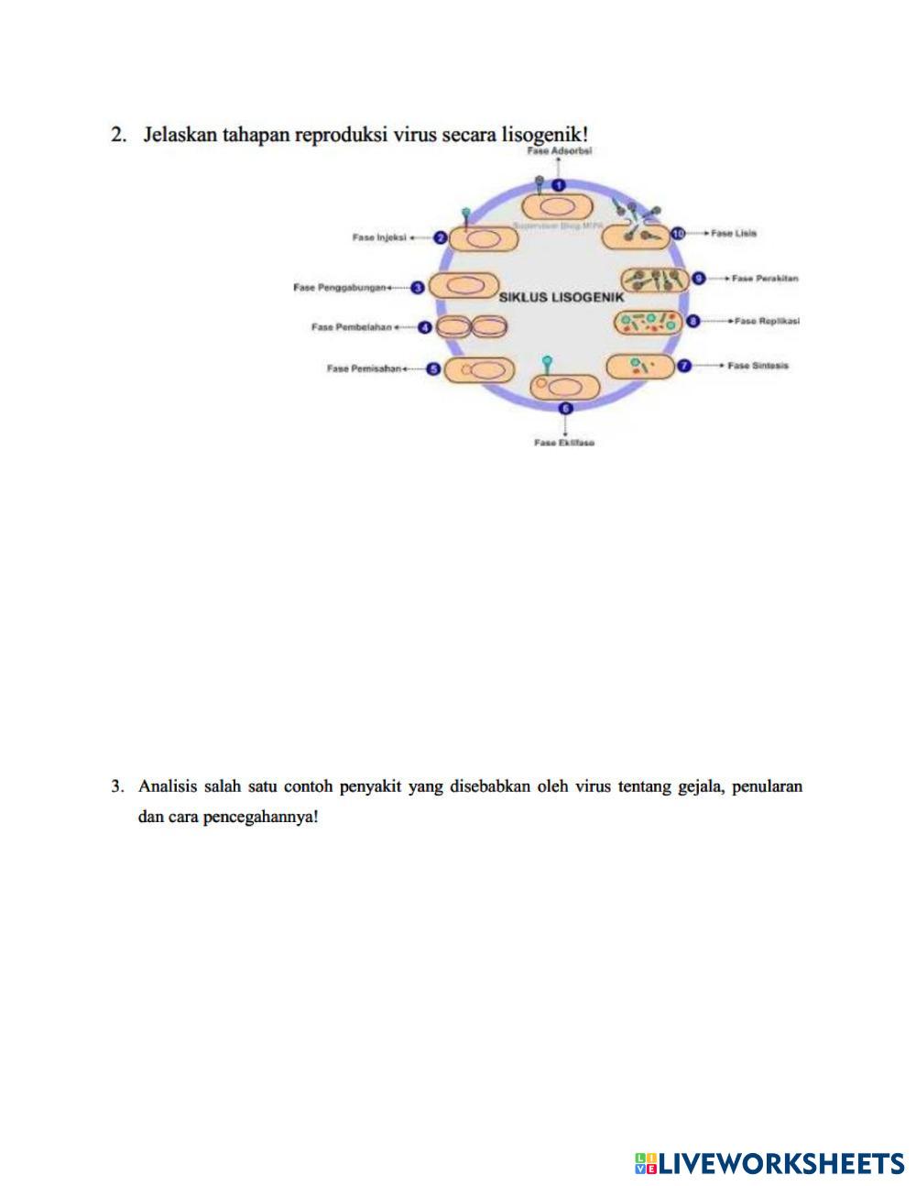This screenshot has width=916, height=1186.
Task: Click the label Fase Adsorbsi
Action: pos(561,151)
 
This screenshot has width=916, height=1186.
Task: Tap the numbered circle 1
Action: pos(560,187)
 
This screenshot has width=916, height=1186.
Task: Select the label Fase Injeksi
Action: pos(378,237)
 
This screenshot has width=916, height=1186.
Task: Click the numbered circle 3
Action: pos(418,287)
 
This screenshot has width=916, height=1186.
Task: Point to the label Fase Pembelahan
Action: pos(352,326)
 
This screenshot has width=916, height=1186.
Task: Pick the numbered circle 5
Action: pos(434,369)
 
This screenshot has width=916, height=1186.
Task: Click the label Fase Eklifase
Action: pos(564,443)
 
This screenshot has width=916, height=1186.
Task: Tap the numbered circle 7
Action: pos(684,366)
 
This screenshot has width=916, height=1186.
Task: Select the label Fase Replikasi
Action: pos(767,321)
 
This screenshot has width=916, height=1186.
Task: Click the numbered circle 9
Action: pos(698,278)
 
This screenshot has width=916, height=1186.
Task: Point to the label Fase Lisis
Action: pos(735,234)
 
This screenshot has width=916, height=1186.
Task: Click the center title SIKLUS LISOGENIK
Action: pos(561,298)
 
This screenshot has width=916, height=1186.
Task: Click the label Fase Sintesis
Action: pos(758,366)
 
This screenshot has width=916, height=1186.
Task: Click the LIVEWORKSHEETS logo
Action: pos(769,1163)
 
